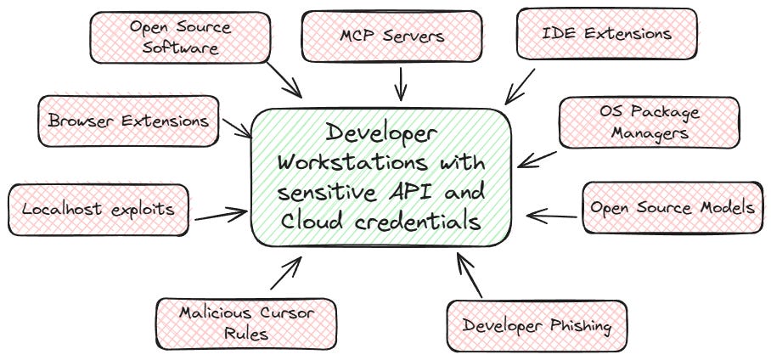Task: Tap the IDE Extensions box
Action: [x=606, y=34]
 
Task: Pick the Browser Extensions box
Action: [x=128, y=121]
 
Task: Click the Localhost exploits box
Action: [x=98, y=208]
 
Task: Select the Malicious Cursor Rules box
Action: [x=246, y=323]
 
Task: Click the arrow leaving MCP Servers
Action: [x=399, y=83]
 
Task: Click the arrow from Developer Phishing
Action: [x=470, y=274]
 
